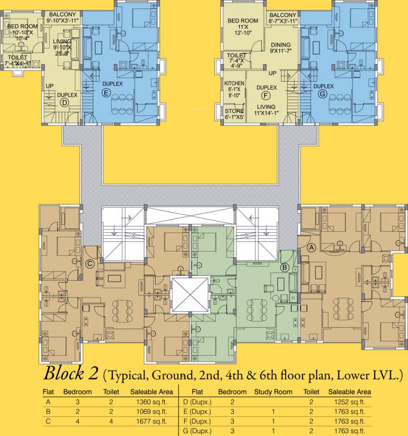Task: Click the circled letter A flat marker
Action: pyautogui.click(x=311, y=248)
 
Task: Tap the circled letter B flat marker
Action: pyautogui.click(x=285, y=267)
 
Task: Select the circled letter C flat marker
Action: pyautogui.click(x=89, y=263)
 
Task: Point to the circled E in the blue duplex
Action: pyautogui.click(x=105, y=92)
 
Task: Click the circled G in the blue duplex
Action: pyautogui.click(x=322, y=94)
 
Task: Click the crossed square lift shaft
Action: pyautogui.click(x=190, y=295)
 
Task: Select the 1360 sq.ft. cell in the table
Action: pyautogui.click(x=148, y=402)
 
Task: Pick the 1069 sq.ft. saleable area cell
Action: pyautogui.click(x=148, y=412)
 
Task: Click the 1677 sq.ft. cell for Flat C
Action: pyautogui.click(x=148, y=421)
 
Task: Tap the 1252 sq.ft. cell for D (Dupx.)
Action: pyautogui.click(x=350, y=402)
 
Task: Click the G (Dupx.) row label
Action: pyautogui.click(x=197, y=431)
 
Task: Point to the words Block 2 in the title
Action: pyautogui.click(x=71, y=375)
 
